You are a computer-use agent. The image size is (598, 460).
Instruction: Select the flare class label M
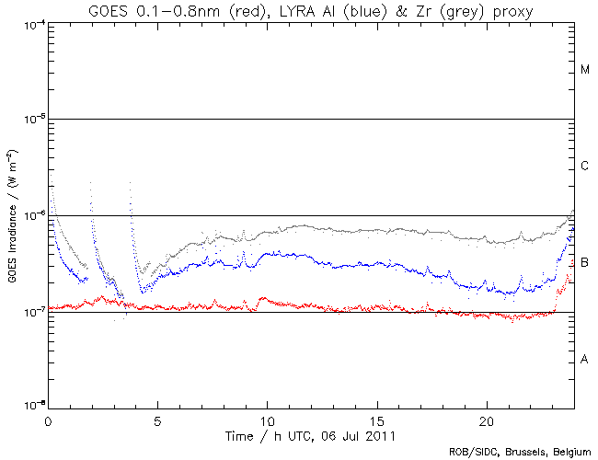point(585,70)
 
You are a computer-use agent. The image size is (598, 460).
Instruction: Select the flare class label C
point(585,167)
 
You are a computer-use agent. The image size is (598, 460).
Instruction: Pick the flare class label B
point(585,263)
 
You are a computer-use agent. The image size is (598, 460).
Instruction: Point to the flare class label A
point(585,360)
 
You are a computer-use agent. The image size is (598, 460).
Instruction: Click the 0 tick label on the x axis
point(48,418)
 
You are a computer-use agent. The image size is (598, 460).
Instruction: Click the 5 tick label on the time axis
point(157,418)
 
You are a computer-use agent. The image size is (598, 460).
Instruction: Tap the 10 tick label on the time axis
point(267,418)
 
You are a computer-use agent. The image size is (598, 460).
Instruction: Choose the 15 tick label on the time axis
point(377,418)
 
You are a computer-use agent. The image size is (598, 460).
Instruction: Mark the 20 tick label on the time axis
point(487,418)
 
